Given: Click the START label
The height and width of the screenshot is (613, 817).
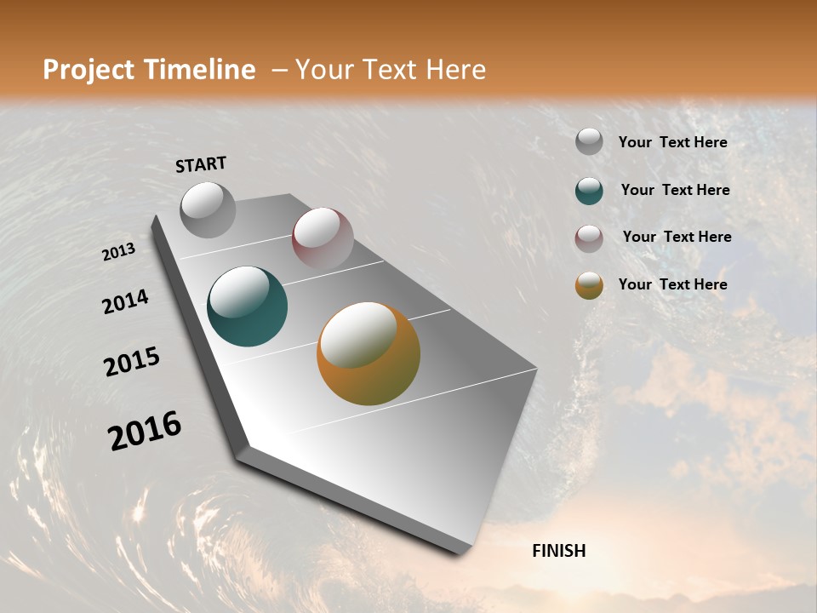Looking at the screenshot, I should [201, 164].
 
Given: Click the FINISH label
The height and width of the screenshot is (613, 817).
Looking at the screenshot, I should [559, 551].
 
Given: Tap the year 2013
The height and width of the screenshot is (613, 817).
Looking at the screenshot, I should [118, 252].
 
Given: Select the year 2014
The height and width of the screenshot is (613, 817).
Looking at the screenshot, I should [125, 301].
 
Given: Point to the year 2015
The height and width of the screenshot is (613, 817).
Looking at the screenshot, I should [132, 362].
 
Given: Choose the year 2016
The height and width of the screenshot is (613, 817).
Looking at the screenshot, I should [145, 431].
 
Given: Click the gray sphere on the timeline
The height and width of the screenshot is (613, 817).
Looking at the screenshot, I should [208, 209].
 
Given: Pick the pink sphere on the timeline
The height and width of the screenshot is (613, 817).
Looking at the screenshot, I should [323, 238].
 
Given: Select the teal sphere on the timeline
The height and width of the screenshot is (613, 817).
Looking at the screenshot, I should [248, 306].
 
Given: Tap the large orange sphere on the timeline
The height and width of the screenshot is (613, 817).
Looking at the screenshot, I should [369, 353].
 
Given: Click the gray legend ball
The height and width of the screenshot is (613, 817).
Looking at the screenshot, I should [589, 142].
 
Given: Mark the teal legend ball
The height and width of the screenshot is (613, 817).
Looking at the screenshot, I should [589, 191].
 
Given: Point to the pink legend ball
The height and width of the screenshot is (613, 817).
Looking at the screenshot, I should [589, 238].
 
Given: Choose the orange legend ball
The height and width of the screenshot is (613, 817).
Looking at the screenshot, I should [589, 285].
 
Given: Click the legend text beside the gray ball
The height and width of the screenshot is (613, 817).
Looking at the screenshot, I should [672, 143].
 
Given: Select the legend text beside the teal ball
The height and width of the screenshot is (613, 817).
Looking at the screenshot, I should [675, 190].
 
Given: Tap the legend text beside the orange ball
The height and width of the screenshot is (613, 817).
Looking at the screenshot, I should [672, 284].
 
